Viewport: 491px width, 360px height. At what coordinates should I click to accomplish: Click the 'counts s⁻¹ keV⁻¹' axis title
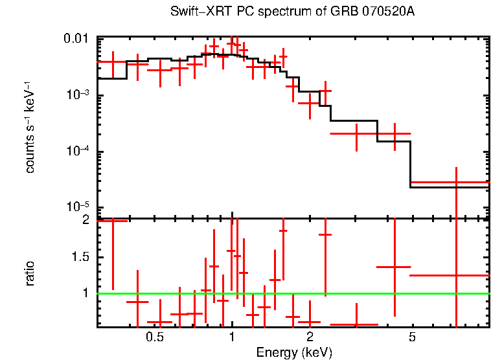point(30,127)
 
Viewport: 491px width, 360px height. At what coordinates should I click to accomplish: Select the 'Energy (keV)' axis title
point(294,352)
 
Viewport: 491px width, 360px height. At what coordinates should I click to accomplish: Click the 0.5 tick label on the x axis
point(154,337)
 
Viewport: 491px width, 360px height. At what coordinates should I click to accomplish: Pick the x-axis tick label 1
point(232,337)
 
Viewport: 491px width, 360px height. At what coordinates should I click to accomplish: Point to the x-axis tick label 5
point(412,337)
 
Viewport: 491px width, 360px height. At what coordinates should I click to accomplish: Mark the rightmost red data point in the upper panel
point(457,183)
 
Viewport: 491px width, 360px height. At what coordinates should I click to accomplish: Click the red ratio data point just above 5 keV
point(457,275)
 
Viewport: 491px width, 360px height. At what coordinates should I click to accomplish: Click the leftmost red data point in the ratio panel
point(113,221)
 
